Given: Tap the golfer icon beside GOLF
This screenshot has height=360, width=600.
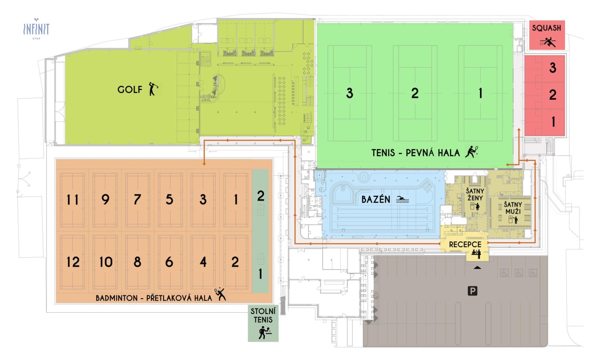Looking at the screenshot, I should tap(153, 89).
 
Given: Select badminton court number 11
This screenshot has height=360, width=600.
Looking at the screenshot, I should tap(73, 200).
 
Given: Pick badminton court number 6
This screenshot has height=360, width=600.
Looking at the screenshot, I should tap(169, 262).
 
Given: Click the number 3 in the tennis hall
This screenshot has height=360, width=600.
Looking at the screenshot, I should tap(349, 93).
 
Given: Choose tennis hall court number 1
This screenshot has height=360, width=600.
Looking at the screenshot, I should tap(480, 93).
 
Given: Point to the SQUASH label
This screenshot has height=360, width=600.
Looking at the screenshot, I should tap(546, 28).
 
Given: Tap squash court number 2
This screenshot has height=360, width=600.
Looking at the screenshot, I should tap(553, 95).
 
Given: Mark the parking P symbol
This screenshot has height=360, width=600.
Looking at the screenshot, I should tap(473, 292).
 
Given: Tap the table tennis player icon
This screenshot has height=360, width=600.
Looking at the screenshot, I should tap(264, 332).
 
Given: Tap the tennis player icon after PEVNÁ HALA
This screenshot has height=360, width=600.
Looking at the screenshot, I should tap(471, 152).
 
